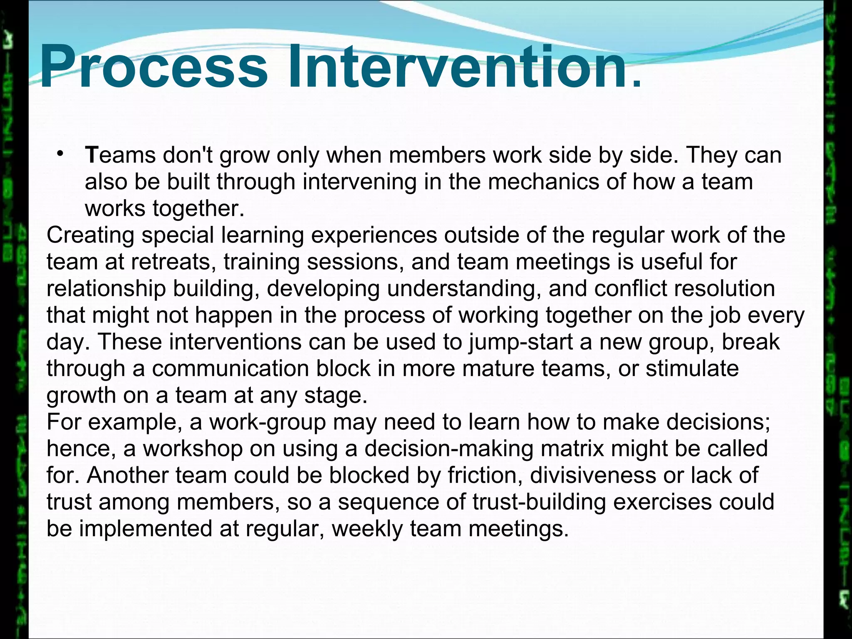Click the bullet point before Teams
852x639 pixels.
tap(60, 154)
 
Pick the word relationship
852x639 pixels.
tap(106, 289)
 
